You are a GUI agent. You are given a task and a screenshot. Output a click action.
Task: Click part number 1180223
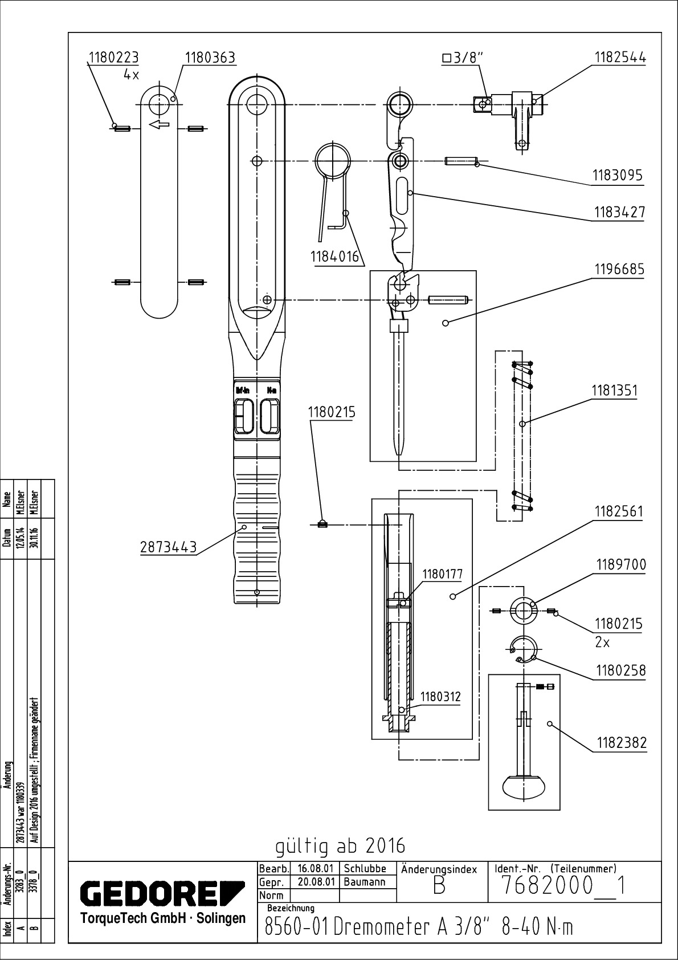pos(113,58)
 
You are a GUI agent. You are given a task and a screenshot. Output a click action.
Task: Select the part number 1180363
pos(210,58)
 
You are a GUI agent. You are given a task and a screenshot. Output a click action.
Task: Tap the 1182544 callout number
pos(620,58)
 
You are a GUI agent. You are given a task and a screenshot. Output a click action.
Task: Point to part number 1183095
pos(618,175)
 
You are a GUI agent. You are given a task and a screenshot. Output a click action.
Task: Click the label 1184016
pos(336,257)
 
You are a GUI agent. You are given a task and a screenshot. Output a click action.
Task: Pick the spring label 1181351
pos(614,390)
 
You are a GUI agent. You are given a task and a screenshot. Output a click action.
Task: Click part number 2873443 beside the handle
pos(168,547)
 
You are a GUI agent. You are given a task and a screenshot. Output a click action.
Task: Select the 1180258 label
pos(621,670)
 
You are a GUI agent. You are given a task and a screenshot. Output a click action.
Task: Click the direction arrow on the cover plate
pos(159,124)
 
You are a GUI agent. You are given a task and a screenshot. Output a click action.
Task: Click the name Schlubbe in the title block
pos(365,869)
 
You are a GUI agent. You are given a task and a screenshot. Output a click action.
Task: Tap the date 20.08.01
pos(316,882)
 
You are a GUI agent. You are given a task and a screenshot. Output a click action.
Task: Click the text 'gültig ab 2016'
pos(340,846)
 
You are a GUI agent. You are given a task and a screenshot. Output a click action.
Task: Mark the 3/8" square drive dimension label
pos(462,58)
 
